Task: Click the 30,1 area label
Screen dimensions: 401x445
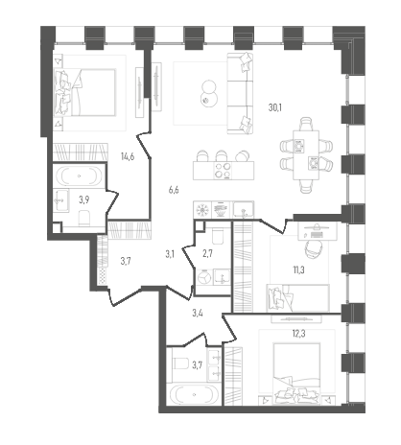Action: point(275,107)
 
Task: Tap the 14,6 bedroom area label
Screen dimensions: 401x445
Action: point(128,156)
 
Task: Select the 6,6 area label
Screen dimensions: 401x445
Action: point(174,190)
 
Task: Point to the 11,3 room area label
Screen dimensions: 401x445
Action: point(298,270)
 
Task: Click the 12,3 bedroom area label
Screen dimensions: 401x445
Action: point(298,334)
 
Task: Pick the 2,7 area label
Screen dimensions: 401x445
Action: point(207,254)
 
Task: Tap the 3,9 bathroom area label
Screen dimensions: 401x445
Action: point(84,200)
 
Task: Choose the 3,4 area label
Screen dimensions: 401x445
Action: point(198,313)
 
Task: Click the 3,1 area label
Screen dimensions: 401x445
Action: point(170,254)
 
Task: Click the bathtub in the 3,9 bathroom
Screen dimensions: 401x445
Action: point(80,176)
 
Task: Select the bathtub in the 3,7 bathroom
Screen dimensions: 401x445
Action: point(194,394)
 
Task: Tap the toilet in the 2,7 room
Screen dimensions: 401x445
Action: point(219,236)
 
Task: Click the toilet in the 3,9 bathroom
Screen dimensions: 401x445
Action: point(84,219)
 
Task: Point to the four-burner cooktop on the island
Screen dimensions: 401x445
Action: point(223,171)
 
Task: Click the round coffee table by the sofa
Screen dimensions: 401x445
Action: point(209,94)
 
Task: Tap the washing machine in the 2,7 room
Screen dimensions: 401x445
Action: point(204,277)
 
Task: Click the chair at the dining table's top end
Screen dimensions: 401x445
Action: point(306,124)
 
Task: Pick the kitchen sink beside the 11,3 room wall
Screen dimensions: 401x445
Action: point(244,210)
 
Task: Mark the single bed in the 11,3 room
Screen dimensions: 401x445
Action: point(297,297)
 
